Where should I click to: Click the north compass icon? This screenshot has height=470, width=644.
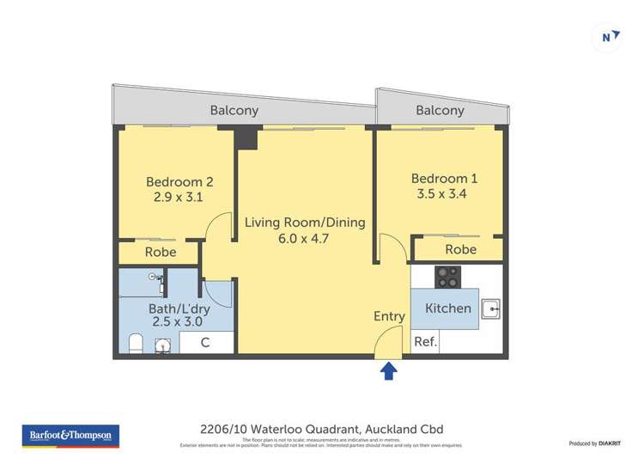click(608, 36)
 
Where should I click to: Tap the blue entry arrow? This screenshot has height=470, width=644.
click(389, 370)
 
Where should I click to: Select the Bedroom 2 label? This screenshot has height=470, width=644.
click(179, 181)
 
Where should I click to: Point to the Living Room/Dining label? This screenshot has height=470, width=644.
click(305, 223)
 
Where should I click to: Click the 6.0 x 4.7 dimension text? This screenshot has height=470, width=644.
click(305, 239)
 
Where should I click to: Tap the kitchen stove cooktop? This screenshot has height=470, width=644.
click(447, 277)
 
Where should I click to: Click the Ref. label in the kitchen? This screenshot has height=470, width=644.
click(426, 341)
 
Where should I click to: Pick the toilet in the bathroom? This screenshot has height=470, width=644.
click(135, 345)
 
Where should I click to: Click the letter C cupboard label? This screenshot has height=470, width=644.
click(205, 343)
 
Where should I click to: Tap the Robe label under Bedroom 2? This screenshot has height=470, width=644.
click(161, 252)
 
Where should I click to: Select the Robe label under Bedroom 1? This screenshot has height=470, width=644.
click(460, 249)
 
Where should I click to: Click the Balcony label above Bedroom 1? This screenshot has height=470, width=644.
click(440, 110)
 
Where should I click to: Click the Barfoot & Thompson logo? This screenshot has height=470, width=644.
click(70, 436)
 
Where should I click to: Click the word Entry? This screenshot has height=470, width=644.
click(389, 316)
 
